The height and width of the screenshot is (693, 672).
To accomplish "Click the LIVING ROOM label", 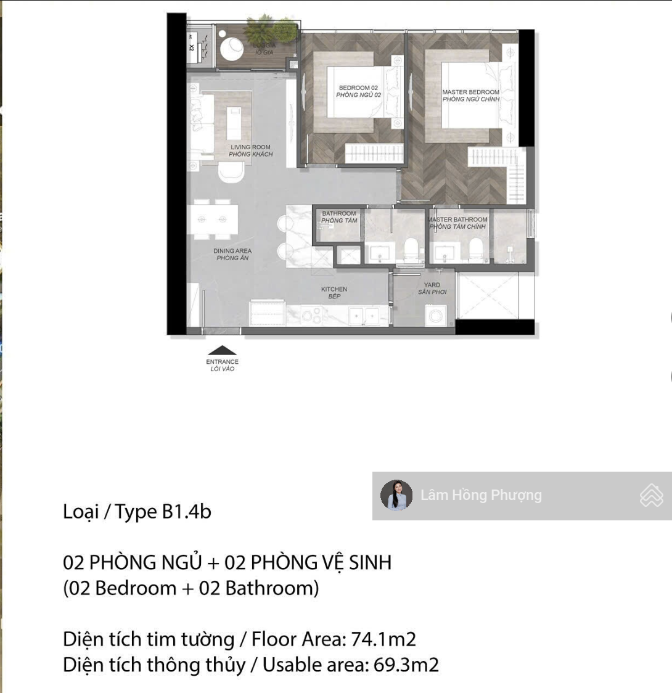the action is point(250,147).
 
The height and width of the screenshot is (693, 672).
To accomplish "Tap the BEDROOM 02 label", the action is point(358,88).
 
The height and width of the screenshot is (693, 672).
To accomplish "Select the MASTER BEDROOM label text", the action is point(471,92).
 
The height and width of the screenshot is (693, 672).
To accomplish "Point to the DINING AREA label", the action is point(232,250).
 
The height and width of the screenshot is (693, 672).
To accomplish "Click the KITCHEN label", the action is point(334,289).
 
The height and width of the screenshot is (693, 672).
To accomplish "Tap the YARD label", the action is point(432,285).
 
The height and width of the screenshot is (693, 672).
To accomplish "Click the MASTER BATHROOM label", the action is point(457,219).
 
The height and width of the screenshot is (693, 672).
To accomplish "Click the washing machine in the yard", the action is point(435,315).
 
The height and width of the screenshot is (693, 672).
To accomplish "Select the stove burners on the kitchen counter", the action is point(311,315).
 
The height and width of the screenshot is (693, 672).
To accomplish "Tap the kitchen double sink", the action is point(363,316).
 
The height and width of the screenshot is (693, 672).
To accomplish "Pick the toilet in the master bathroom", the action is point(475,249).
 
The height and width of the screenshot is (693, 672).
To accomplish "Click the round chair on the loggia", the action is point(232,49).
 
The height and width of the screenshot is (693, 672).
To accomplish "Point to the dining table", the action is point(212,219).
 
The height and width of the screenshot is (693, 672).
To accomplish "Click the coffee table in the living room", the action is point(234,123).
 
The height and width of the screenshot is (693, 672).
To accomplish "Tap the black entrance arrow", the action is point(222,350).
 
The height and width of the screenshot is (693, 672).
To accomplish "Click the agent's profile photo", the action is point(396,496).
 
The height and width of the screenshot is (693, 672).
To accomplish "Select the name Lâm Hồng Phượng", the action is point(481,495).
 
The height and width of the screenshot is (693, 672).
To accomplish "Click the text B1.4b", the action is point(187,512).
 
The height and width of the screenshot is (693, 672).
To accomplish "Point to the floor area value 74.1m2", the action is point(383,639).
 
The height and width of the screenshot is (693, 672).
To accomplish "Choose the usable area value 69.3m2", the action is point(406,665).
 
